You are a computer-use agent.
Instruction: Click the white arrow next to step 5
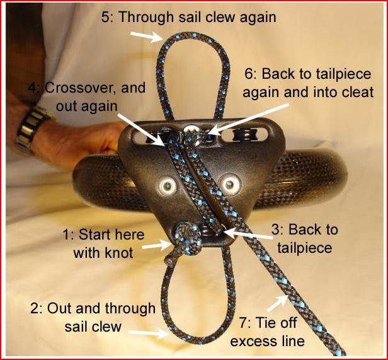coord(146,37)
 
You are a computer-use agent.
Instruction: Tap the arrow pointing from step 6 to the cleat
coord(249,119)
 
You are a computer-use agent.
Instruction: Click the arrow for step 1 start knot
coord(157,245)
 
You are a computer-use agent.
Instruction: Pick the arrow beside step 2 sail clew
coord(148,334)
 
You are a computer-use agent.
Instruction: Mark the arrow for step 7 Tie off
coord(278,303)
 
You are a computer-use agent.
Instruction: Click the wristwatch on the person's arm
coord(31,130)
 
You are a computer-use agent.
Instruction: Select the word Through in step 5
coord(146,18)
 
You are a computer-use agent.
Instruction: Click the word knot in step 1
coord(119,253)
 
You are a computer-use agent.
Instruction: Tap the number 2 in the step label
coord(35,309)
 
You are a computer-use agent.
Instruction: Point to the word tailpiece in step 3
coord(305,248)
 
